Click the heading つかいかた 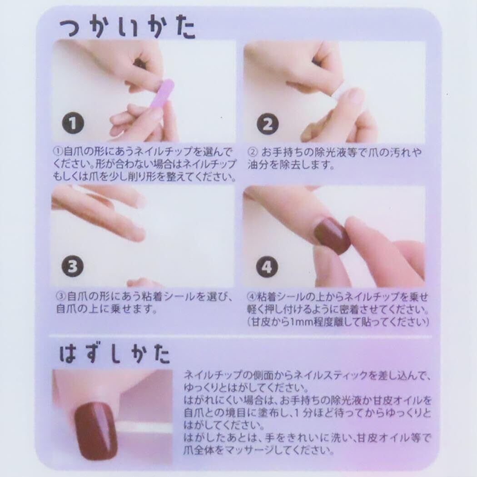127,29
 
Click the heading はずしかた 114,354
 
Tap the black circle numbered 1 73,123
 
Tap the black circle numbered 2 268,124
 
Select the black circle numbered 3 73,266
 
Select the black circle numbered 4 267,267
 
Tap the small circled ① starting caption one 58,151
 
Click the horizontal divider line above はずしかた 240,337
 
